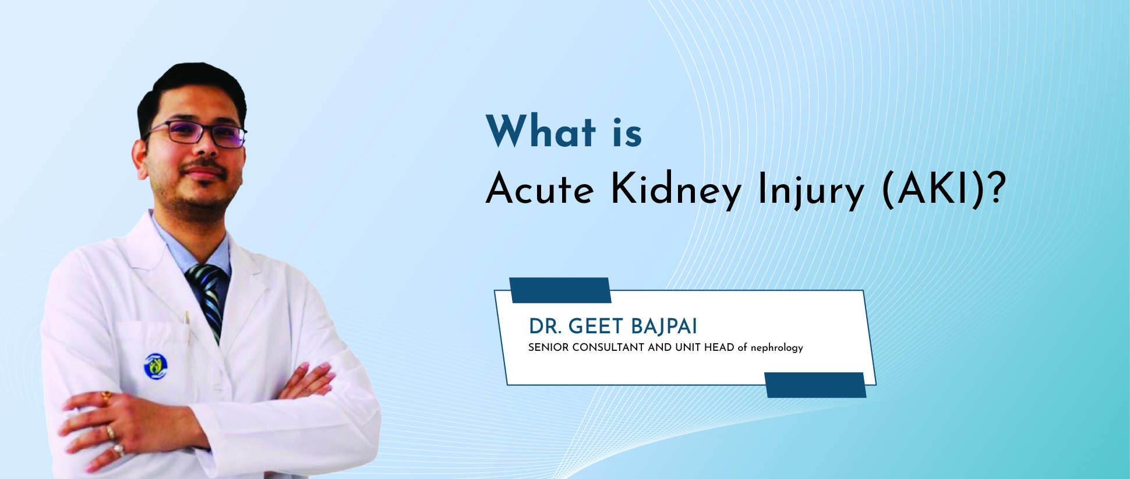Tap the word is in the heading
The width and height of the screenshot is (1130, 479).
point(627,133)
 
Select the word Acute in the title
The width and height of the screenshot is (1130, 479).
point(540,190)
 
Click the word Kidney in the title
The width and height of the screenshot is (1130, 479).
point(676,190)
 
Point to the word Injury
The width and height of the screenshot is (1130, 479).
point(810,190)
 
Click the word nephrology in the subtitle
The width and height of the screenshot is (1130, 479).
point(776,348)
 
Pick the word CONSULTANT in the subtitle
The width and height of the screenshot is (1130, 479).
point(608,347)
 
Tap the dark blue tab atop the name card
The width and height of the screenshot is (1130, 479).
point(560,290)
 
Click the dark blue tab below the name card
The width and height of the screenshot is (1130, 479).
point(815,385)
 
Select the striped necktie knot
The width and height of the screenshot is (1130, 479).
point(205,276)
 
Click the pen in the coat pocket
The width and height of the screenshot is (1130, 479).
point(187,320)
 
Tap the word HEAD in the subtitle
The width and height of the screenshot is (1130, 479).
point(719,347)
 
